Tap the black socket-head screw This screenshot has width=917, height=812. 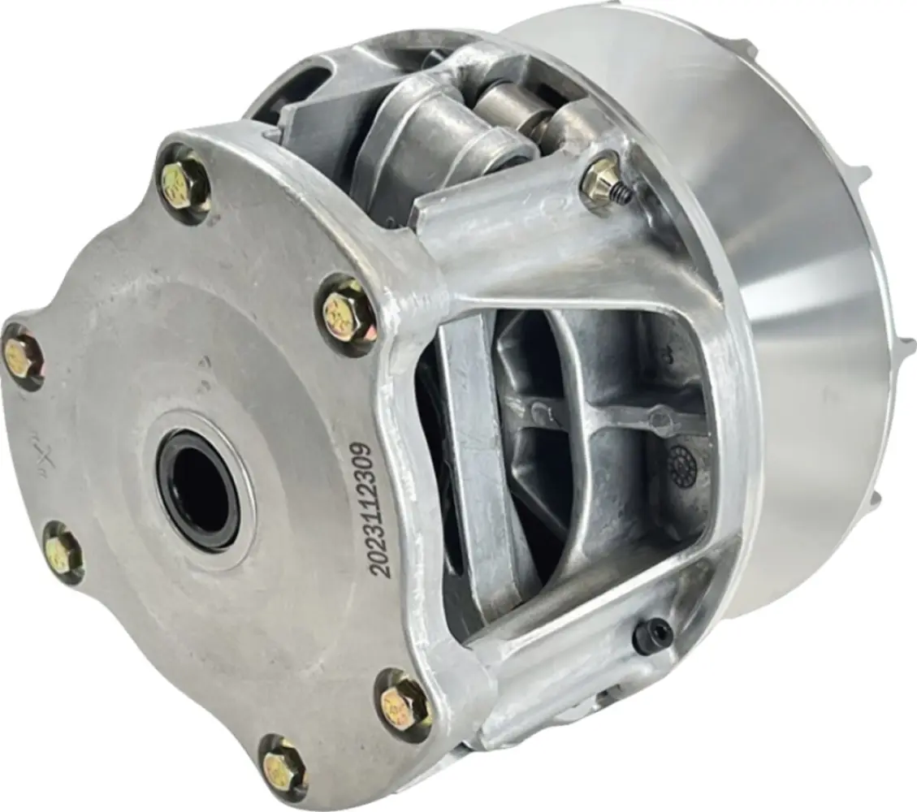click(652, 636)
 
